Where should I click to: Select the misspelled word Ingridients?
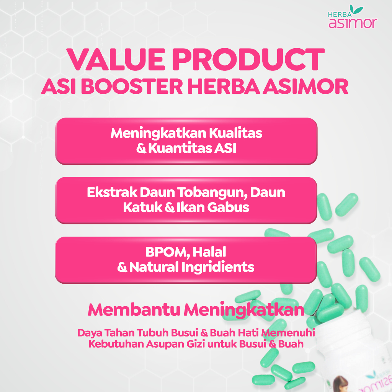(x=218, y=267)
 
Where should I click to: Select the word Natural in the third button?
(x=154, y=267)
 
